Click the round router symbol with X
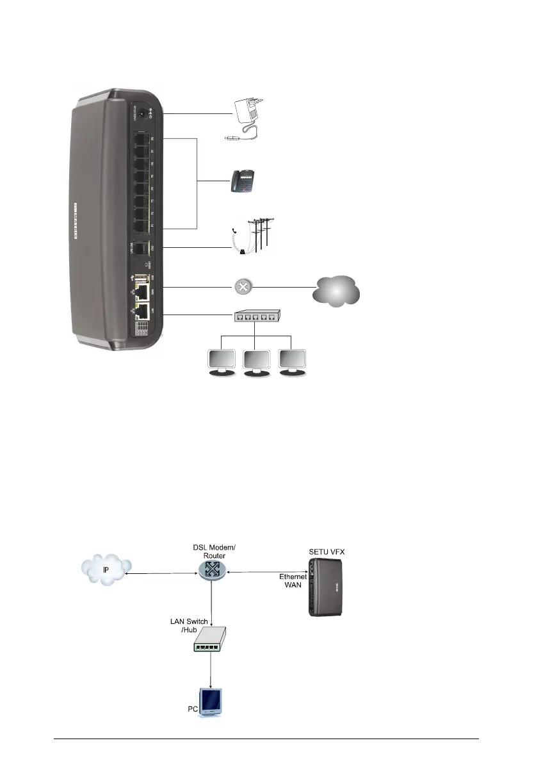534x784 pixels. click(242, 289)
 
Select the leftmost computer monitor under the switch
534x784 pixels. click(219, 363)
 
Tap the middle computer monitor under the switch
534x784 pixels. click(256, 363)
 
